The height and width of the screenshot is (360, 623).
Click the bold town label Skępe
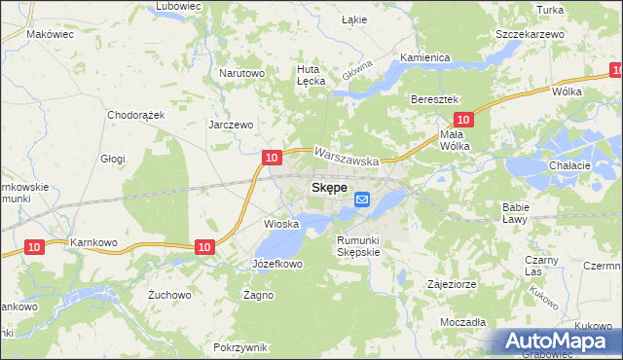point(328,188)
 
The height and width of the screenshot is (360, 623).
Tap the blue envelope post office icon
point(362,199)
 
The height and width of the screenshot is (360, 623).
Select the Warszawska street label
point(348,154)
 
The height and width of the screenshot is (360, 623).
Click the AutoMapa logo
point(560,342)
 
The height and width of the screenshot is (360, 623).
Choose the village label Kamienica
point(424,57)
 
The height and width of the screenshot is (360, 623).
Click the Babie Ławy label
point(515,212)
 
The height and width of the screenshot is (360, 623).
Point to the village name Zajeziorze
point(450,285)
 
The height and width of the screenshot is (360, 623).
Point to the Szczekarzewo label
point(530,34)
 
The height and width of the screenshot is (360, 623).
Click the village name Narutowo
point(242,73)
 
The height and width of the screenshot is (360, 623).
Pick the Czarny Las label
point(539,266)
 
